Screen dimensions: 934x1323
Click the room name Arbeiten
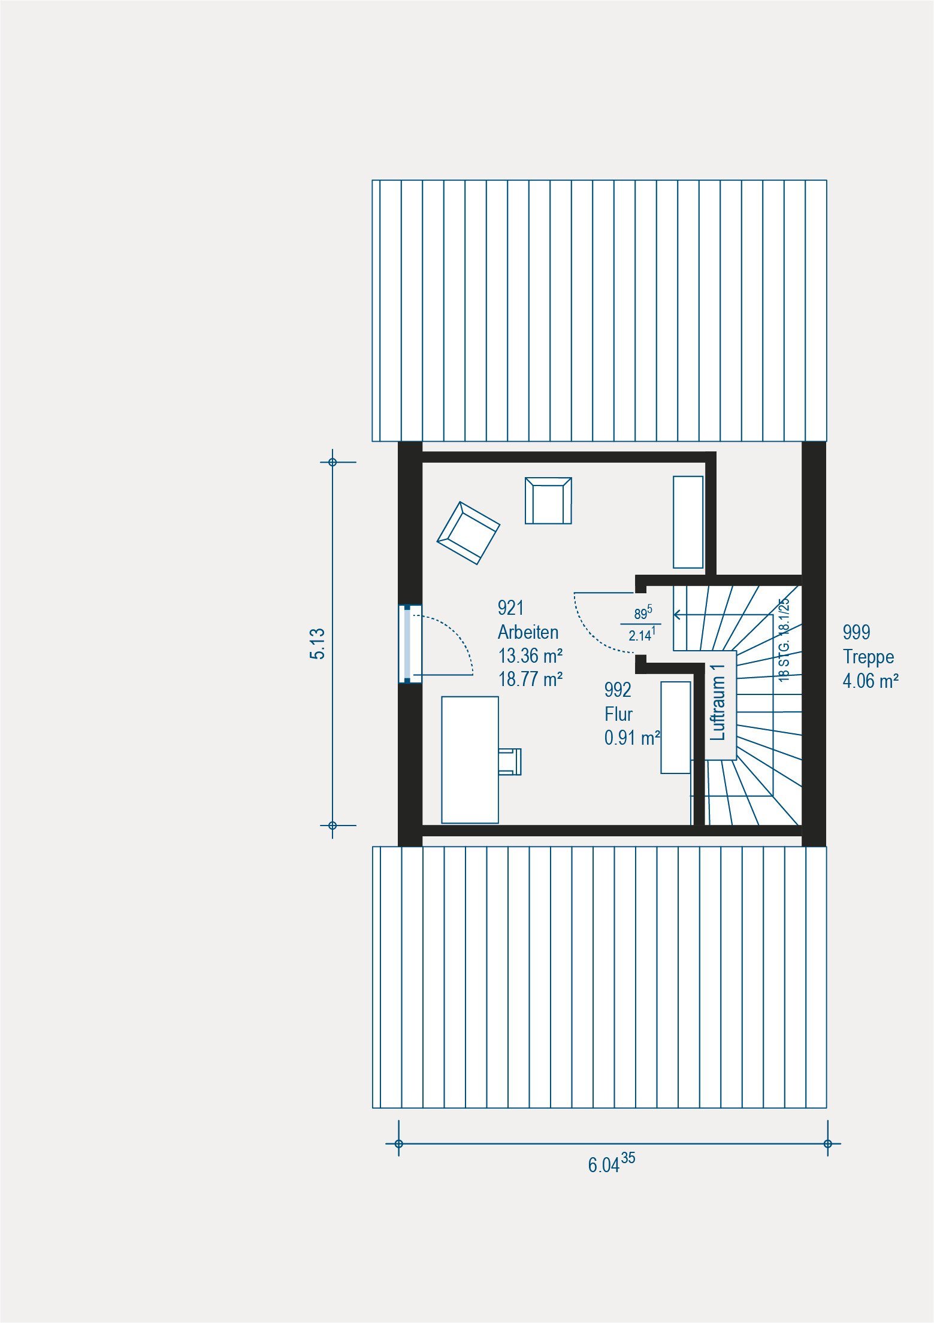528,632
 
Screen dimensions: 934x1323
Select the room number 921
510,608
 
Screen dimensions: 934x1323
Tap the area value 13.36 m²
530,656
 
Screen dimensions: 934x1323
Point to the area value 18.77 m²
530,679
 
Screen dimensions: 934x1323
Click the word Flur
618,714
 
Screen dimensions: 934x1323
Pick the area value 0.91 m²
632,738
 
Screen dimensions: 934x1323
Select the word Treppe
869,657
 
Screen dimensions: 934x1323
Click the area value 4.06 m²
870,681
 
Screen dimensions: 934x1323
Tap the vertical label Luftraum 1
718,702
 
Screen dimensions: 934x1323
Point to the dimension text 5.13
318,644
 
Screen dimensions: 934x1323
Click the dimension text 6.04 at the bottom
603,1165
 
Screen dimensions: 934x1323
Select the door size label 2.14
640,636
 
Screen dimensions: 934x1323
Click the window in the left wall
410,644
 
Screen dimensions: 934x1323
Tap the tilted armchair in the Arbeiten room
468,533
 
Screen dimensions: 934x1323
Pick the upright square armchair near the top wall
548,500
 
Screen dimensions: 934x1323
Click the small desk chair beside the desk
510,761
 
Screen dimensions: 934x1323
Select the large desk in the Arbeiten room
470,760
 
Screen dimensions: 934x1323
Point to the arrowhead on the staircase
677,614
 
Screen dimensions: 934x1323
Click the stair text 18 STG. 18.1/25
784,639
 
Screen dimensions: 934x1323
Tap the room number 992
618,690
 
